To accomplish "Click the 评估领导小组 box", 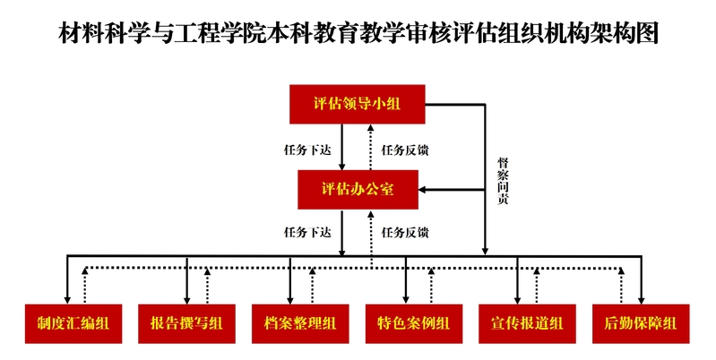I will point(357,104).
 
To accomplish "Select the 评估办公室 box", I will point(357,190).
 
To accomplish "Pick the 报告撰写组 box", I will point(186,323).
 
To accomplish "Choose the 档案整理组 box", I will point(300,323).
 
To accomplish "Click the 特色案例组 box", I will point(414,323).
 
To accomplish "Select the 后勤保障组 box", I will point(641,323).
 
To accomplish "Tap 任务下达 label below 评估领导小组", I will point(307,149).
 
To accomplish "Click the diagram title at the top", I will point(358,35).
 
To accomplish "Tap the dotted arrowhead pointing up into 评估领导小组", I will point(372,129).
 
